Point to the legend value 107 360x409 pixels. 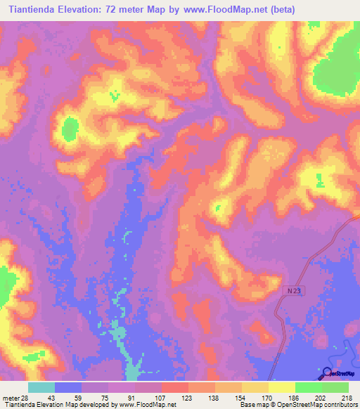(x=160, y=397)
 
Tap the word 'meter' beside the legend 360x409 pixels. (x=10, y=397)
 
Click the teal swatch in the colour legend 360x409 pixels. (x=41, y=387)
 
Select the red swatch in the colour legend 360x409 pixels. (x=175, y=387)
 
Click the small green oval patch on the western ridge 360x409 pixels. (x=70, y=129)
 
